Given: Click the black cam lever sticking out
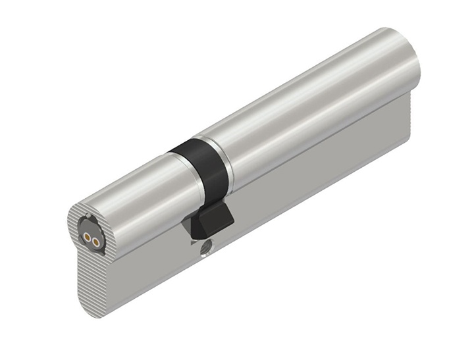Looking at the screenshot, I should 209,219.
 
